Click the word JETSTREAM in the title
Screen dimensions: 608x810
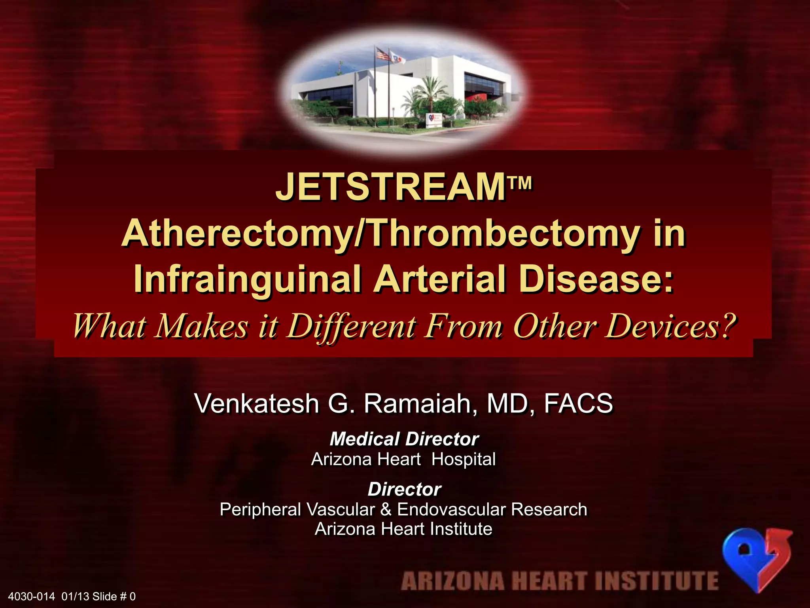[390, 188]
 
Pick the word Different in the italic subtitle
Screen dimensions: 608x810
[351, 326]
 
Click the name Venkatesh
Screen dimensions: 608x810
[257, 403]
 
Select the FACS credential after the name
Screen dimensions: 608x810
[579, 403]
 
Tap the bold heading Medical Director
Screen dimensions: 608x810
[404, 439]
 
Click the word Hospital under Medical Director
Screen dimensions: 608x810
[464, 459]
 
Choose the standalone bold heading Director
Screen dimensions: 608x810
[404, 489]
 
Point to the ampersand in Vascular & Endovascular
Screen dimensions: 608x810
[386, 509]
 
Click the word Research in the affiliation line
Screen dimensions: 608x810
[549, 509]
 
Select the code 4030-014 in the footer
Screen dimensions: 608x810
[31, 596]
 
